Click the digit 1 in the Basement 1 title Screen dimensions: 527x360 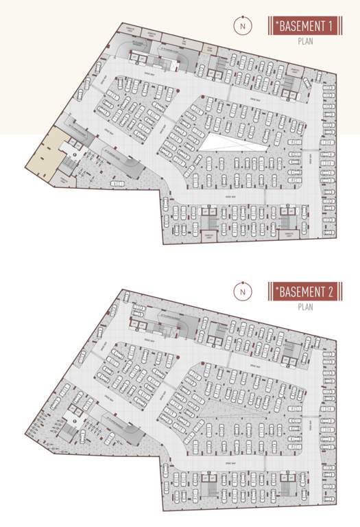point(331,26)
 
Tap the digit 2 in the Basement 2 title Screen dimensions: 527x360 point(331,292)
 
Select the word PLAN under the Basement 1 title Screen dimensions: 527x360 point(305,41)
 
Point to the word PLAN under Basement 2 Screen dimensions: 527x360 point(305,307)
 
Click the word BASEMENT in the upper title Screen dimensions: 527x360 point(301,26)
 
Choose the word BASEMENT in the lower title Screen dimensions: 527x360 point(301,292)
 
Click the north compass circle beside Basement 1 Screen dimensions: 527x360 point(242,26)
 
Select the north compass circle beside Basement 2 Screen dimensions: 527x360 point(242,292)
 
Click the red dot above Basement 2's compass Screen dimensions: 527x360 point(242,281)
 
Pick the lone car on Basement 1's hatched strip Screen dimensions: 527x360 point(117,183)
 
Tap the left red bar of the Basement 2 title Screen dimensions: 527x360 point(269,292)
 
